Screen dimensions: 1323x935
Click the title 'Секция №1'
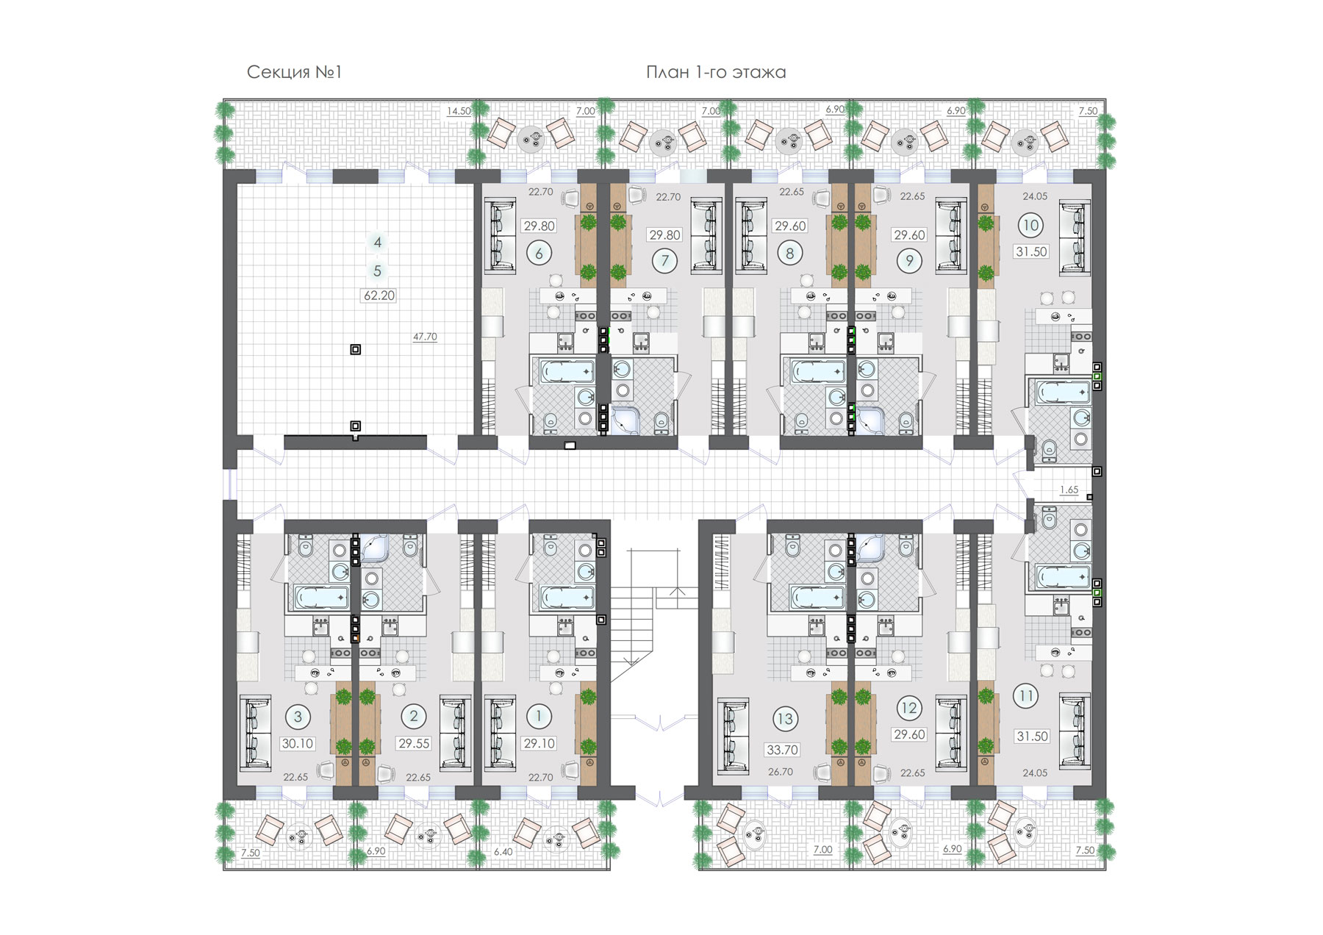(x=294, y=72)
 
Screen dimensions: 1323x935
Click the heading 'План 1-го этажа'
(x=716, y=72)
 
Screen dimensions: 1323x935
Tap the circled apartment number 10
(x=1030, y=226)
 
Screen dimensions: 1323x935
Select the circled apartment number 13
(x=785, y=719)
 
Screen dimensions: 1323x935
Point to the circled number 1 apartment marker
(x=539, y=716)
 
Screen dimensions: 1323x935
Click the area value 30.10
(x=298, y=744)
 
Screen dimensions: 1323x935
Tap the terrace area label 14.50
(x=459, y=111)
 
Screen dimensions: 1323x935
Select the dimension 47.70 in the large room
(x=425, y=337)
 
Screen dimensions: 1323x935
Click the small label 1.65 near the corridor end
(x=1069, y=490)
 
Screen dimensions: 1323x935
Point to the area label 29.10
(x=539, y=744)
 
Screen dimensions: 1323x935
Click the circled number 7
(x=665, y=259)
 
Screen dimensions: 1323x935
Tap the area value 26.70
(x=781, y=773)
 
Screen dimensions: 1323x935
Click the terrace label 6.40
(x=503, y=852)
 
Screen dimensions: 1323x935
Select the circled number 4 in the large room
(x=378, y=242)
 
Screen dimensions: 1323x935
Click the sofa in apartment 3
(x=255, y=732)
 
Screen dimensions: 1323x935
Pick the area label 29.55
(x=414, y=744)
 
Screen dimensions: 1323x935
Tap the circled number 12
(x=909, y=708)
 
